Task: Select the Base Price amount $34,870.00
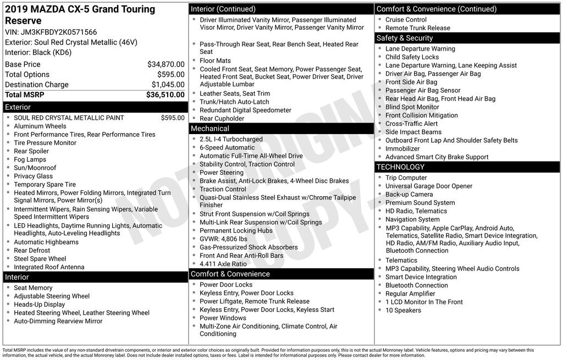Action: point(166,64)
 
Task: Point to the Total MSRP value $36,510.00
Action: point(165,95)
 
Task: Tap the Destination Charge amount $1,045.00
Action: point(168,85)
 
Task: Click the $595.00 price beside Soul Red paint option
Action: point(173,118)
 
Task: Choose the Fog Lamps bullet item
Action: point(30,159)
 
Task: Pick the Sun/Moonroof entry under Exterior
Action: point(35,168)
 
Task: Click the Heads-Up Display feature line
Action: point(40,304)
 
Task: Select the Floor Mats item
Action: point(215,60)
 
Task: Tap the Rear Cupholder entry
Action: point(222,118)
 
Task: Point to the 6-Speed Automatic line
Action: point(227,147)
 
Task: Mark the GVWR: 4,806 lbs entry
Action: point(223,239)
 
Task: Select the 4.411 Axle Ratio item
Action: point(223,264)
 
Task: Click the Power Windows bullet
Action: point(223,318)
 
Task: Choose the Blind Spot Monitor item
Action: point(412,107)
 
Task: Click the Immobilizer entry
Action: point(402,148)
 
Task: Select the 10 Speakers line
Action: point(403,310)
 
